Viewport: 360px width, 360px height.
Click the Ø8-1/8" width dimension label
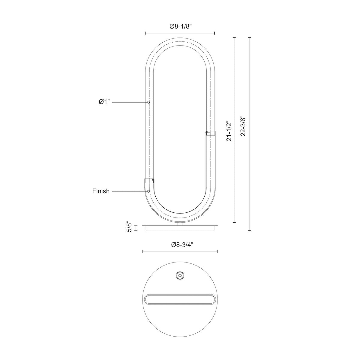coord(181,27)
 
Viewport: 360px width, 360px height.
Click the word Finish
coord(101,191)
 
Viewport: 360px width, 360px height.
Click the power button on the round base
coord(180,280)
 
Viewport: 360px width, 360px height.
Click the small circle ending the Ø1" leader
coord(148,102)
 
